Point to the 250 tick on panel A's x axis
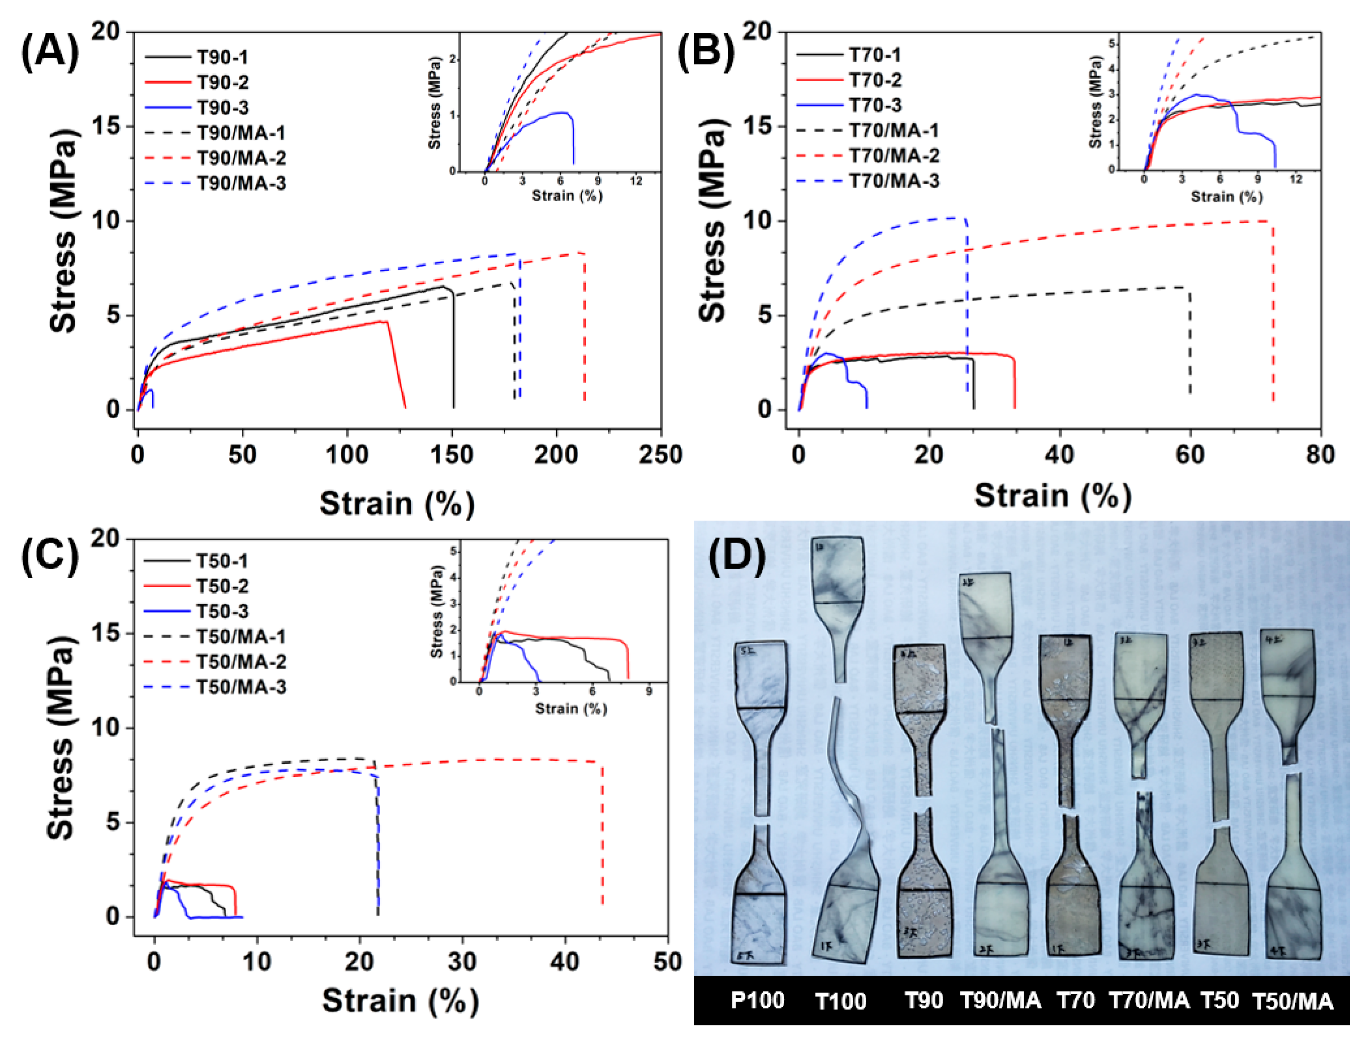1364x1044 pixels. coord(660,455)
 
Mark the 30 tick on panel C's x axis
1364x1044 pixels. coord(462,962)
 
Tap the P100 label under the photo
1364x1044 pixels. coord(757,1000)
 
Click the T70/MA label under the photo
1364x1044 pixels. coord(1149,1000)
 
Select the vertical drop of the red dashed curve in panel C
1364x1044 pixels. coord(602,833)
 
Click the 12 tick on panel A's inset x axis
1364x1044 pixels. coord(636,182)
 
